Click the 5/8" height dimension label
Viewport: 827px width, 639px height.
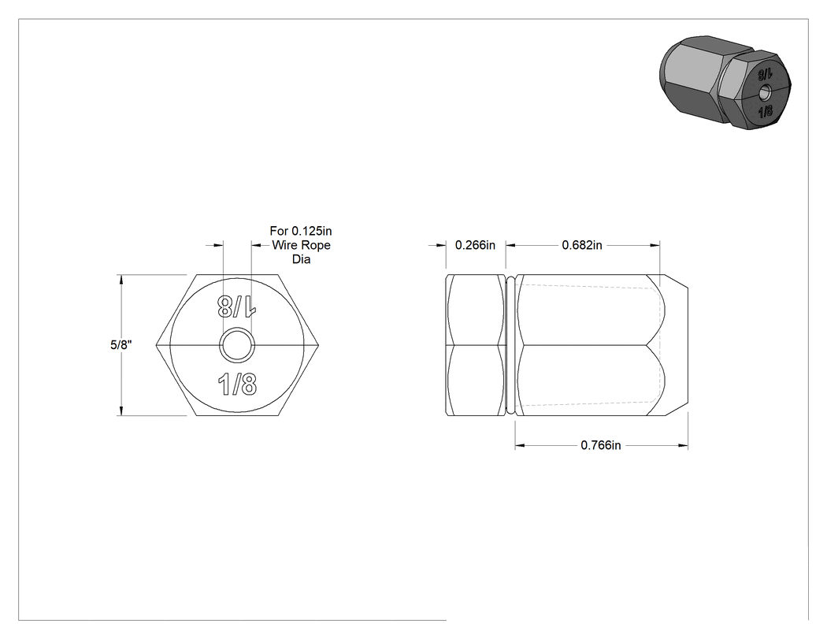121,345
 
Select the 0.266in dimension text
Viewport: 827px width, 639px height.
475,245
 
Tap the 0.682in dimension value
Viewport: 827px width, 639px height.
582,245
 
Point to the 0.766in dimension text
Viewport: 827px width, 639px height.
601,445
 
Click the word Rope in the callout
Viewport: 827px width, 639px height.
315,245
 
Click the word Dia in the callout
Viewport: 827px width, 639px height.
301,259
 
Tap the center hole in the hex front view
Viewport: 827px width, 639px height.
237,346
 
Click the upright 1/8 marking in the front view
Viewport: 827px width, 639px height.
237,385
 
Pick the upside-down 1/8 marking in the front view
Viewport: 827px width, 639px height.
237,306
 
